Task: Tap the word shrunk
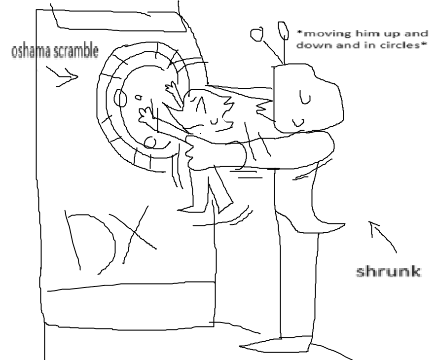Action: pyautogui.click(x=388, y=271)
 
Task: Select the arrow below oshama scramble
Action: pyautogui.click(x=62, y=76)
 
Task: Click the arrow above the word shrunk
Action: pyautogui.click(x=383, y=236)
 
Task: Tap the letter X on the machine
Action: pyautogui.click(x=133, y=234)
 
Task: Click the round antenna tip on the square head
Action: pyautogui.click(x=256, y=34)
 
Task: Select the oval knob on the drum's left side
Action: pyautogui.click(x=121, y=99)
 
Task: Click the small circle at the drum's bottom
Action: pyautogui.click(x=150, y=143)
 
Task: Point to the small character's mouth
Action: pyautogui.click(x=214, y=121)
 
